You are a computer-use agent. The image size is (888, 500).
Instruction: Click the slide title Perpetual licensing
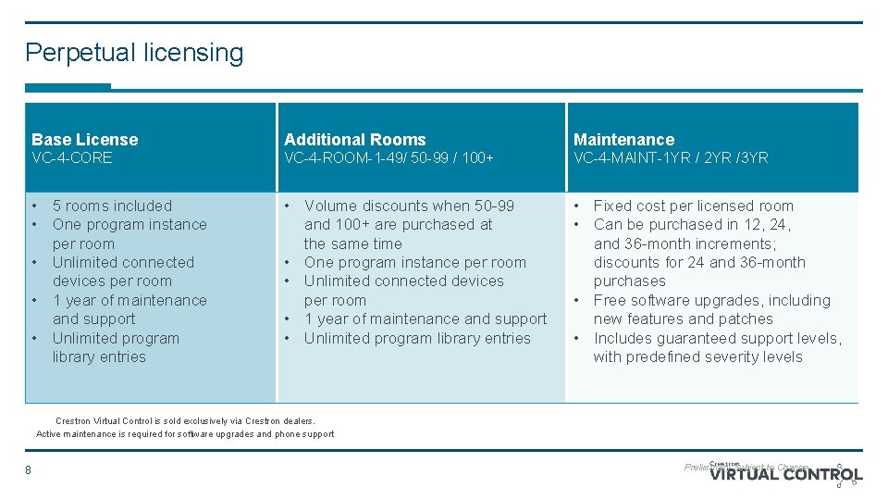coord(134,53)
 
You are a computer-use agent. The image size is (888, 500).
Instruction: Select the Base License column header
coord(84,140)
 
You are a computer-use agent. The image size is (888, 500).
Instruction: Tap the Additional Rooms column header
coord(354,140)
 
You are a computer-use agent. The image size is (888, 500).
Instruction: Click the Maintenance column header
coord(623,140)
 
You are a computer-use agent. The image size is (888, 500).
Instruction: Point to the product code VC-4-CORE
coord(71,158)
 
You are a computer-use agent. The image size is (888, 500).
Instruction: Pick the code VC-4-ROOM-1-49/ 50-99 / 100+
coord(388,158)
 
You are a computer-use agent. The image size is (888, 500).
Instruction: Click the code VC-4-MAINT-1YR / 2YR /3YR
coord(671,158)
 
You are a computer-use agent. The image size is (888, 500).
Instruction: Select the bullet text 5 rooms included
coord(112,206)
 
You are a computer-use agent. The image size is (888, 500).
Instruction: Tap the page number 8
coord(28,470)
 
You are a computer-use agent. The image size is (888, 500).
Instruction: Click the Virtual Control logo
coord(786,474)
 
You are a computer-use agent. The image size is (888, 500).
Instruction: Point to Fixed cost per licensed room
coord(693,206)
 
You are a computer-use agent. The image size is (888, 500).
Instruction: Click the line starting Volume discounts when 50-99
coord(409,206)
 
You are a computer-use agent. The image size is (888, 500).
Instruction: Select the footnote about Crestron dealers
coord(185,420)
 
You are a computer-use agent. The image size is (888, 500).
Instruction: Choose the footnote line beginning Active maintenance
coord(185,434)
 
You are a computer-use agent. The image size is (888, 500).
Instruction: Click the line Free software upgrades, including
coord(711,300)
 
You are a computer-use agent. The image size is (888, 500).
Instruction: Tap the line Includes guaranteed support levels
coord(717,338)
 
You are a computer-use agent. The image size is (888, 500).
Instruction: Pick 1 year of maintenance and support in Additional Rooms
coord(425,319)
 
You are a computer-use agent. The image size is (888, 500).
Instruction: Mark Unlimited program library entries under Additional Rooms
coord(417,338)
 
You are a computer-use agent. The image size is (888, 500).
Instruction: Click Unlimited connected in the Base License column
coord(123,262)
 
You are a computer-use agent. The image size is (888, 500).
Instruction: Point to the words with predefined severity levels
coord(697,356)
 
